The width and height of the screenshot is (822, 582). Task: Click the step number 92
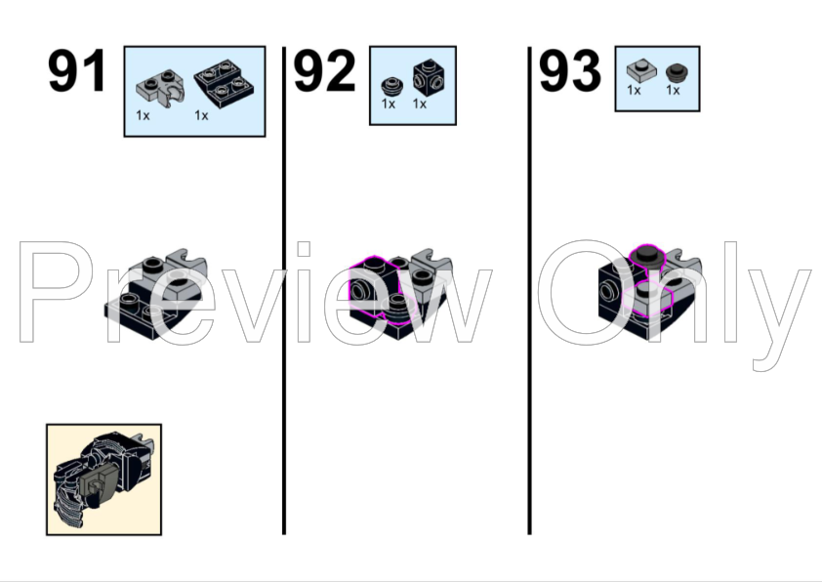point(324,71)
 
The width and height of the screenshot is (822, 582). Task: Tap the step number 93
point(570,71)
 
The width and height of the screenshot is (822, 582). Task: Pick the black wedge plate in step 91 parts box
point(223,88)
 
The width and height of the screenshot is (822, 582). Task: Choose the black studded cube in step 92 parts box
point(425,77)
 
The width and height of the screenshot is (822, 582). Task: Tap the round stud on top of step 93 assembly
point(645,255)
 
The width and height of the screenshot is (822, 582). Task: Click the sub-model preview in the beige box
point(103,479)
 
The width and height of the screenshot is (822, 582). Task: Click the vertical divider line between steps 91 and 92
point(284,293)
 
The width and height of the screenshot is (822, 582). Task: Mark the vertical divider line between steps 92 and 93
point(529,293)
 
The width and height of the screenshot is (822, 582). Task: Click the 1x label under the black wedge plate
point(201,115)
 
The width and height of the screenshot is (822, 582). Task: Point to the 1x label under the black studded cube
point(420,104)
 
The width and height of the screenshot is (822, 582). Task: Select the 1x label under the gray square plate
point(634,91)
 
